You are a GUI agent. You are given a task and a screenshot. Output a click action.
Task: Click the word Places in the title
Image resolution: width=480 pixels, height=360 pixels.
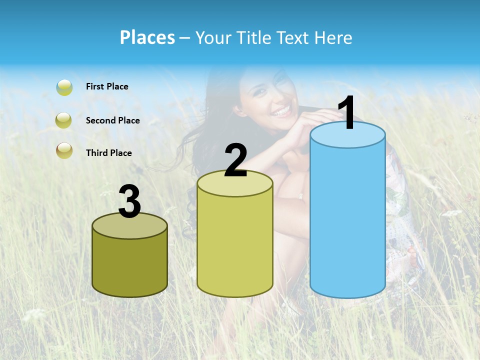pos(147,37)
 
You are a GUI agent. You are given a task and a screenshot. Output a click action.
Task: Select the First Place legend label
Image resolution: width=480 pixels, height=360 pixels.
pos(107,86)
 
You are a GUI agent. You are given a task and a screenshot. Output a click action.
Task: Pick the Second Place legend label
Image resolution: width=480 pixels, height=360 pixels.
pos(112,120)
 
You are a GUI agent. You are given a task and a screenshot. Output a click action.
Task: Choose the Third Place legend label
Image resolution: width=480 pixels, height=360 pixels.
pos(108,153)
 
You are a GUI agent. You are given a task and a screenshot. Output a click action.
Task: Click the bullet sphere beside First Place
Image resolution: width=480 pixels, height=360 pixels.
pos(64,87)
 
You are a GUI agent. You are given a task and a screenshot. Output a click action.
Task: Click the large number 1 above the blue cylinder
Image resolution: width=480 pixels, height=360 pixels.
pos(346,113)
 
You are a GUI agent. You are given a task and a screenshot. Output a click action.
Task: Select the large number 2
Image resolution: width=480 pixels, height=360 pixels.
pos(235,160)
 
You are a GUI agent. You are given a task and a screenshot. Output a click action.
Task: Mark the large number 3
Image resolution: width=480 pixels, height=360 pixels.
pos(130,202)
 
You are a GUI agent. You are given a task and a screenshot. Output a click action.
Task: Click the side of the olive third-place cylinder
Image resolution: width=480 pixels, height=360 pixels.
pos(130,265)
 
